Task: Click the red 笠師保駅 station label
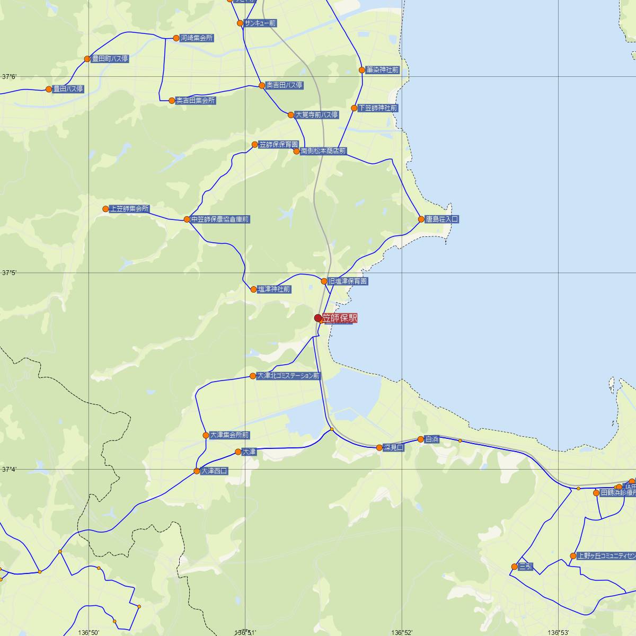pyautogui.click(x=340, y=318)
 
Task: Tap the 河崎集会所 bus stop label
pyautogui.click(x=197, y=38)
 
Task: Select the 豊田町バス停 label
pyautogui.click(x=110, y=59)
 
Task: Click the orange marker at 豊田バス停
pyautogui.click(x=49, y=89)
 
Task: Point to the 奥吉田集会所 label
pyautogui.click(x=196, y=100)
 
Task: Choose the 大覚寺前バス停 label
pyautogui.click(x=316, y=115)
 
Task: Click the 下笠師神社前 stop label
pyautogui.click(x=378, y=108)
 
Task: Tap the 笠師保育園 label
pyautogui.click(x=278, y=145)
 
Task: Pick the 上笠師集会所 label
pyautogui.click(x=129, y=209)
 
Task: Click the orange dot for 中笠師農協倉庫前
pyautogui.click(x=187, y=219)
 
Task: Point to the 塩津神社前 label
pyautogui.click(x=274, y=289)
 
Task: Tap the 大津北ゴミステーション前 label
pyautogui.click(x=289, y=376)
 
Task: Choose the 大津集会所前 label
pyautogui.click(x=229, y=435)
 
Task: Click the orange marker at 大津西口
pyautogui.click(x=197, y=471)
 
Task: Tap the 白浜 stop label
pyautogui.click(x=432, y=439)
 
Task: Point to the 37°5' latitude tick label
pyautogui.click(x=9, y=273)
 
